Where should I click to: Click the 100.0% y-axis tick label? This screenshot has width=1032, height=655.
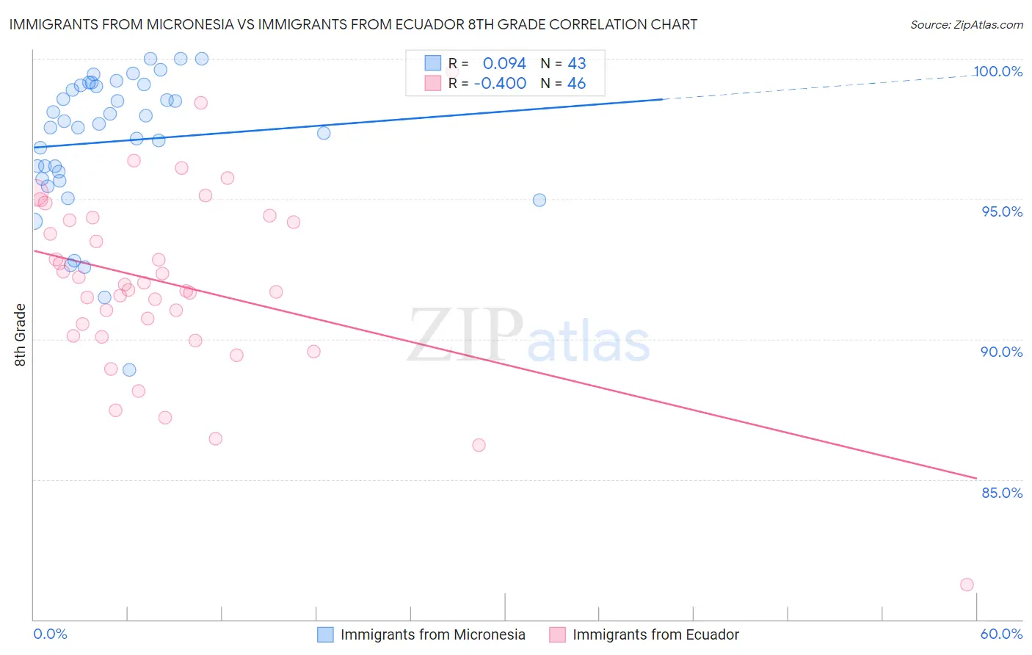coord(998,71)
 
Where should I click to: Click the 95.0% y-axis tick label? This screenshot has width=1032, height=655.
coord(1002,211)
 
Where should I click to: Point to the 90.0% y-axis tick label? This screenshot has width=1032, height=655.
coord(1002,352)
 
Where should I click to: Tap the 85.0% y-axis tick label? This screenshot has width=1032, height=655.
coord(1002,493)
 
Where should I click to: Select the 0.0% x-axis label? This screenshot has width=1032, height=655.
coord(50,634)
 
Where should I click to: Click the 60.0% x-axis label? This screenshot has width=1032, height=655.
coord(1001,634)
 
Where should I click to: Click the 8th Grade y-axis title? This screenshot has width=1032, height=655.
coord(20,335)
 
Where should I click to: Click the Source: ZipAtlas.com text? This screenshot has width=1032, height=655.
coord(967,24)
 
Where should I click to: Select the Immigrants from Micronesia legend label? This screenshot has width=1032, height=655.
coord(433,634)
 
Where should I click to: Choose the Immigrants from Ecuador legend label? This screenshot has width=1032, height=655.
coord(655,634)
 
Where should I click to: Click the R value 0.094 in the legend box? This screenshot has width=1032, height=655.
coord(504,63)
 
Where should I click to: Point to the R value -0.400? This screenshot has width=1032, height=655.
coord(500,83)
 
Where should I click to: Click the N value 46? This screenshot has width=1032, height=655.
coord(576,83)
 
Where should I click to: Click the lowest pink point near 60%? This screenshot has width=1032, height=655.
coord(967,585)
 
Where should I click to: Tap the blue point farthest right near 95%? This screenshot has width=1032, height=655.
coord(539,200)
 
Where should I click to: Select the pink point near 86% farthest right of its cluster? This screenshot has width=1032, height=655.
coord(479,445)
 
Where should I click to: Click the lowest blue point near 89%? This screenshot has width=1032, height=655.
coord(129,369)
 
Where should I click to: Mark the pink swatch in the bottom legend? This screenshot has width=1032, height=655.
coord(557,634)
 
